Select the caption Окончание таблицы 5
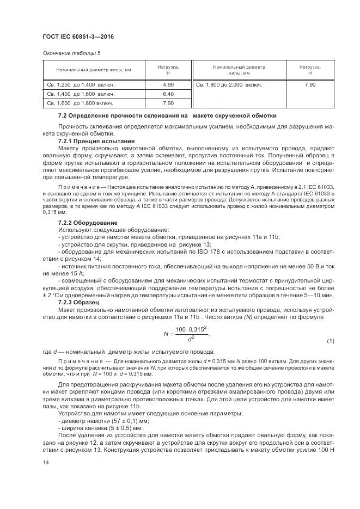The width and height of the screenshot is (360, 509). coord(72,53)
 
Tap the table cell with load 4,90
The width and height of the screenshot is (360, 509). coord(168,85)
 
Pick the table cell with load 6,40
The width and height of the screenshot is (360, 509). coord(168,94)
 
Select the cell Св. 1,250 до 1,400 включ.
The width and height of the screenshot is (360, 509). coord(80,85)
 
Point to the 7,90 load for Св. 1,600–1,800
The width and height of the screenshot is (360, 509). coord(168,102)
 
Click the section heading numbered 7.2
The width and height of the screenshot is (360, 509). coord(167,116)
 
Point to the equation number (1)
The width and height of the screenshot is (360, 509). coord(330,341)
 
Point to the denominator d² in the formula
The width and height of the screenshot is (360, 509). coord(191,339)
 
